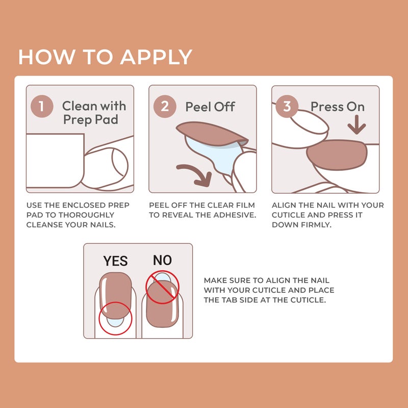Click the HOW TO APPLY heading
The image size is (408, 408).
105,57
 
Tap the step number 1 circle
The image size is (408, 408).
42,107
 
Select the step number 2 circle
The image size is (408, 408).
165,107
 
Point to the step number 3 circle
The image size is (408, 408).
287,107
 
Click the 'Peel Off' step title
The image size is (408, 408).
210,107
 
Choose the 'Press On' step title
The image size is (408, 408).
338,107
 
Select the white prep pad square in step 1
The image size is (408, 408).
54,160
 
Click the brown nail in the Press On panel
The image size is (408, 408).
338,155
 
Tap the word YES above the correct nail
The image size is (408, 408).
115,262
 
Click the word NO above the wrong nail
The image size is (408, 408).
162,261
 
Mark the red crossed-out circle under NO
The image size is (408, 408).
162,287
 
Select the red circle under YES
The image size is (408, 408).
115,318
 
